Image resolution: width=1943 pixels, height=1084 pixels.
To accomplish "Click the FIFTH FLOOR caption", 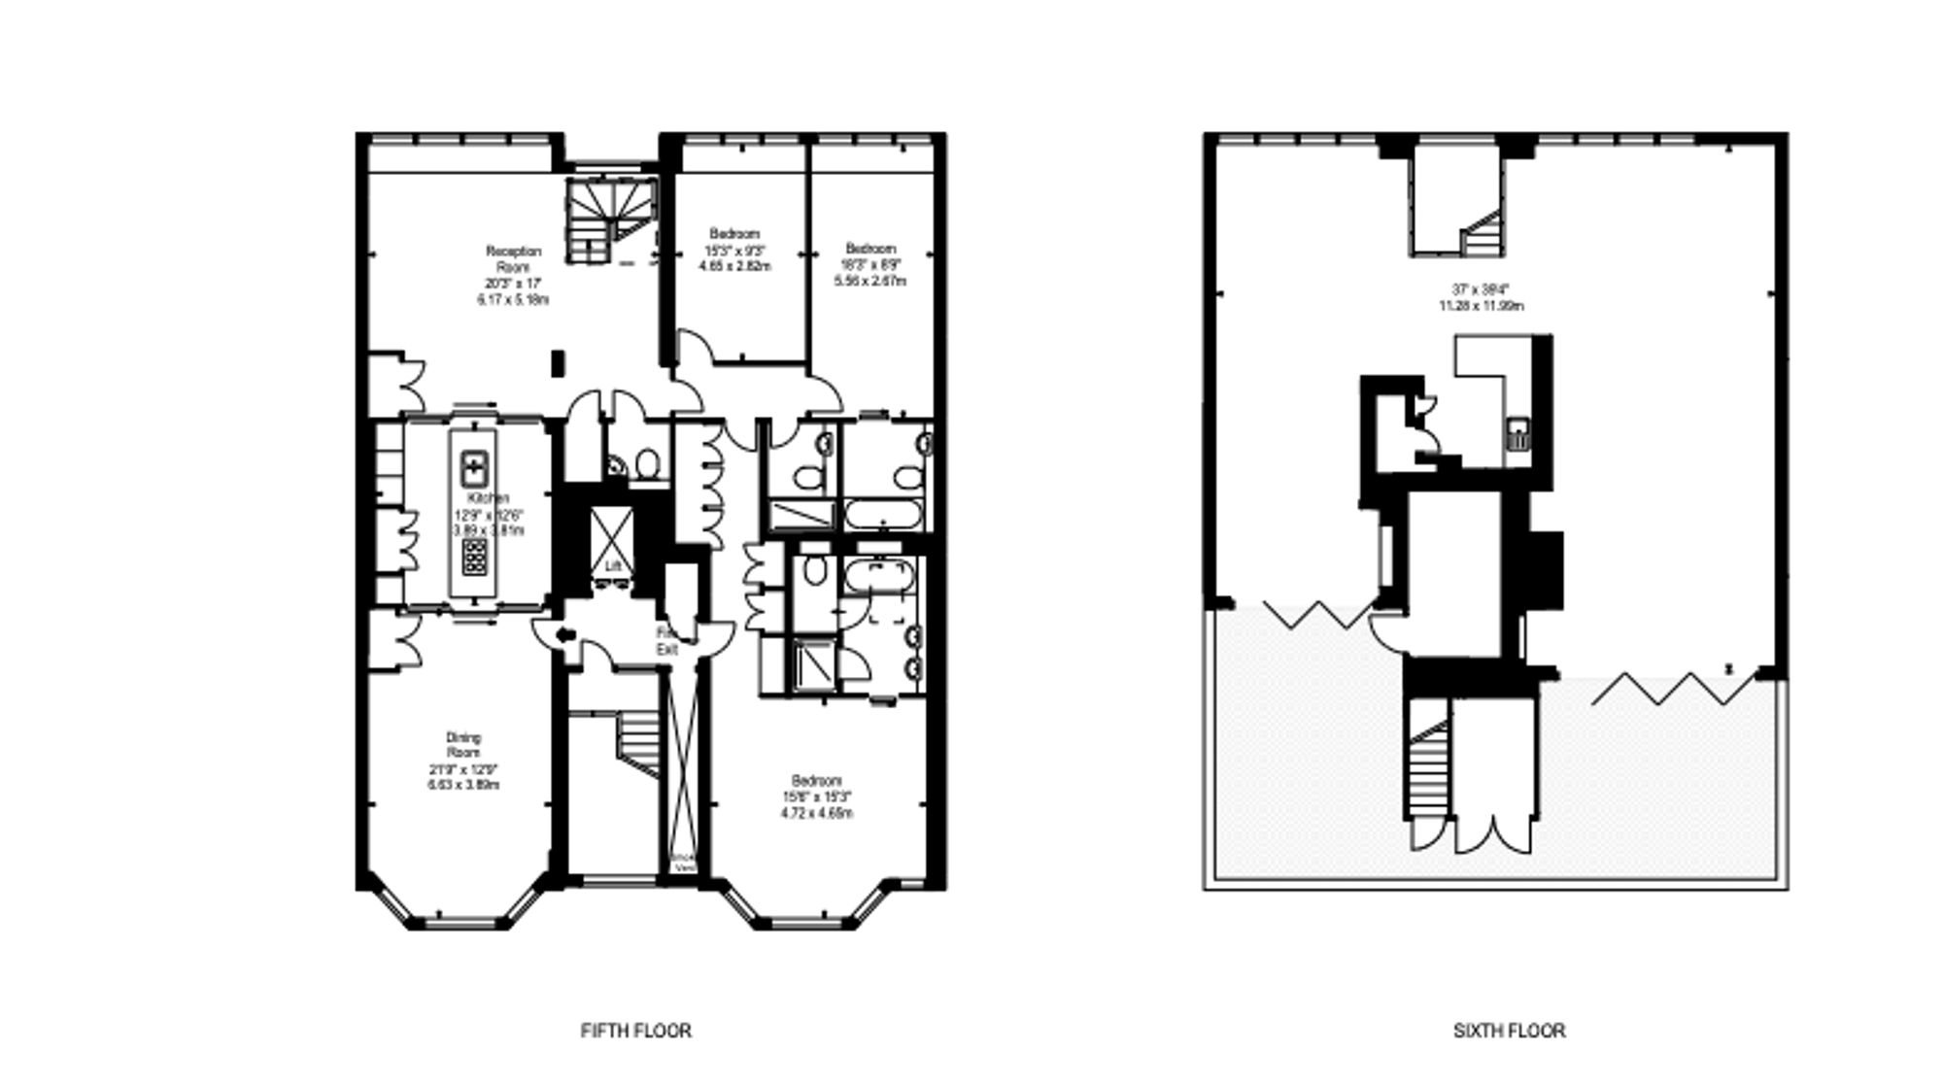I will tap(635, 1031).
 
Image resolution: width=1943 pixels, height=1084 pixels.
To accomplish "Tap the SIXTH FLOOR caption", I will tap(1509, 1031).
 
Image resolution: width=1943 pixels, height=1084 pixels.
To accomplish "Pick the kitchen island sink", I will tap(473, 467).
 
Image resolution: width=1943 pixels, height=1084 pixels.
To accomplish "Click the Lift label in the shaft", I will tap(613, 565).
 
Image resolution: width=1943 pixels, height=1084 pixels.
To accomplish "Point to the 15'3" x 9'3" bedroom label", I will tap(734, 249).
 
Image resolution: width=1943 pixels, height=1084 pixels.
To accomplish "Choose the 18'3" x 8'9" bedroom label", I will tap(870, 264).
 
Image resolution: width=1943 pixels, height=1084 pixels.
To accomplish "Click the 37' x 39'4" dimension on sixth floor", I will tap(1480, 297).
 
